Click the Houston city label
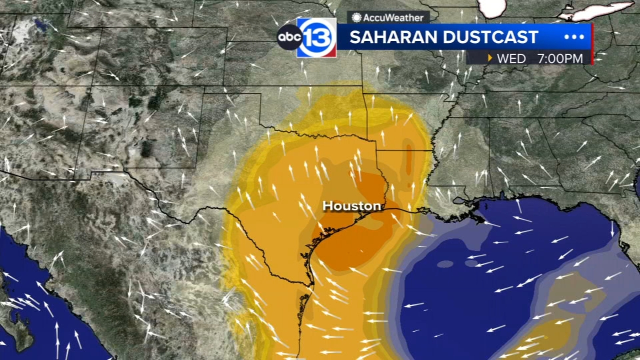[x=352, y=206]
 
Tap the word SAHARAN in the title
[x=393, y=37]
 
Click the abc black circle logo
[x=289, y=37]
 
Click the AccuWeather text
[x=393, y=18]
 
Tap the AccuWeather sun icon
[x=356, y=18]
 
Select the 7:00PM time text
[x=560, y=59]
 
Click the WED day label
[x=511, y=59]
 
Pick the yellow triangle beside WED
[x=490, y=58]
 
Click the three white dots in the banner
[x=574, y=37]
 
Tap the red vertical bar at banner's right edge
[x=592, y=44]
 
